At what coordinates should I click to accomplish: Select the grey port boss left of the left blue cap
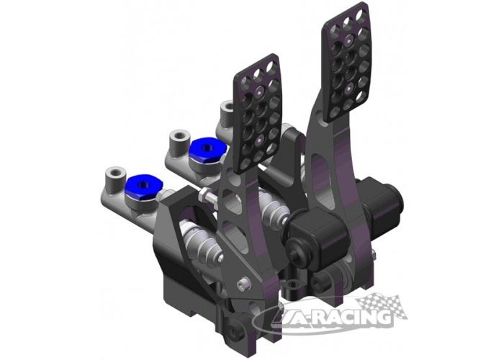tap(112, 178)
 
